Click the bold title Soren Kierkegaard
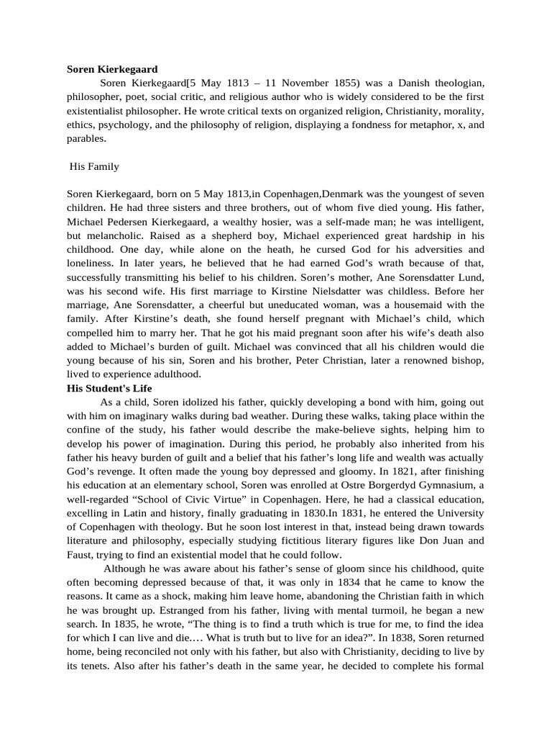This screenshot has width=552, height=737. pyautogui.click(x=112, y=70)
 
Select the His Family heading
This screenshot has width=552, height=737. pyautogui.click(x=94, y=166)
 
